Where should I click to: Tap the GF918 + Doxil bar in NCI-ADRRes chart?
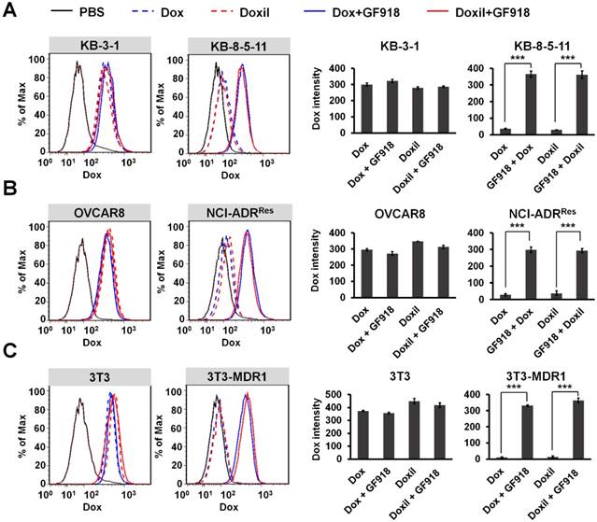(560, 263)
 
